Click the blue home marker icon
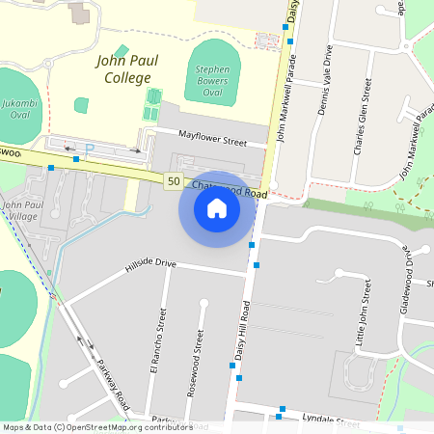(217, 208)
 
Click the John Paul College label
(123, 69)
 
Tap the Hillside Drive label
(150, 263)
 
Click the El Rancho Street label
(162, 343)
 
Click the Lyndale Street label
(330, 422)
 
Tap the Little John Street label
(364, 312)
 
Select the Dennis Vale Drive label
(325, 80)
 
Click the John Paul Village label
(21, 210)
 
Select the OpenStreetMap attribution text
(96, 427)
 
